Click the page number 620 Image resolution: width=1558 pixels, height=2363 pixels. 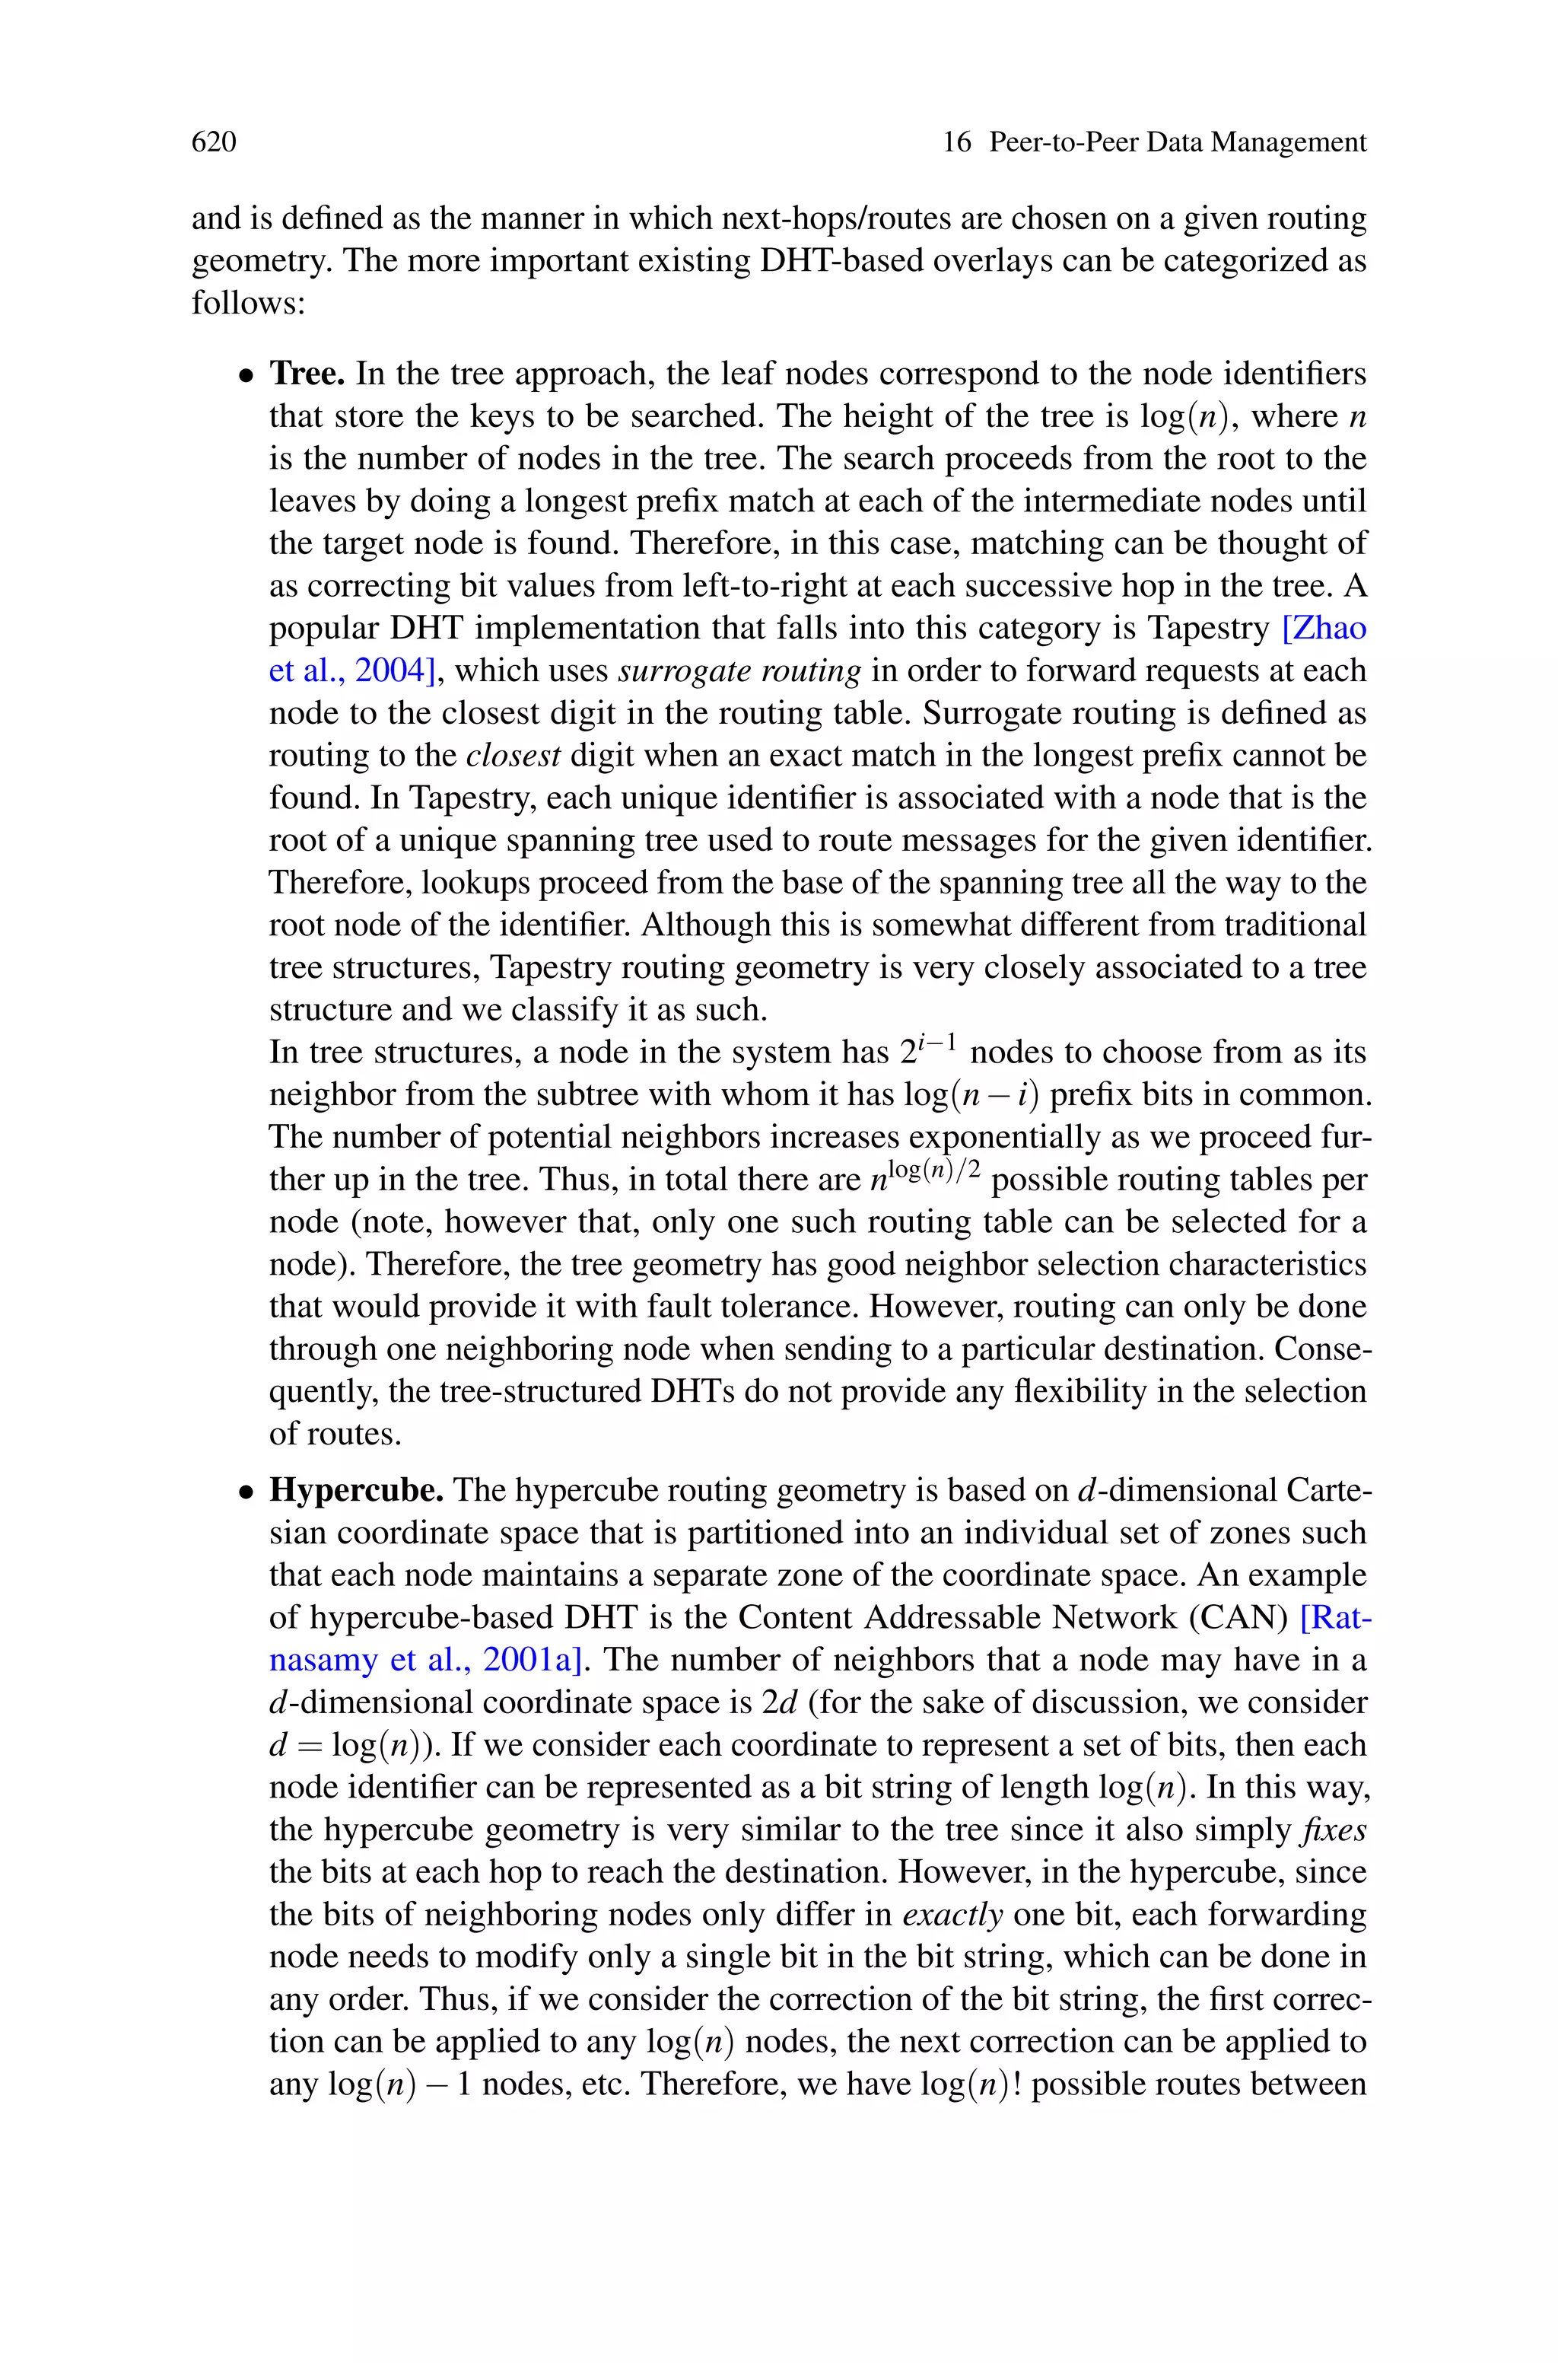pos(214,142)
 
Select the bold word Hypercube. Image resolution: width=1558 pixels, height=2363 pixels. pos(357,1491)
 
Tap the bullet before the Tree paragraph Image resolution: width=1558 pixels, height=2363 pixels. pos(246,377)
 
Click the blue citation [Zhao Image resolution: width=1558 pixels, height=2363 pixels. pos(1324,628)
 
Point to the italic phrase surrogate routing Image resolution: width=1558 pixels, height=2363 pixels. pos(739,670)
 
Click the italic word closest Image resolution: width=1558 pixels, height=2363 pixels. pos(514,755)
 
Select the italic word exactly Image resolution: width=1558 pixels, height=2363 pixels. pos(952,1915)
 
